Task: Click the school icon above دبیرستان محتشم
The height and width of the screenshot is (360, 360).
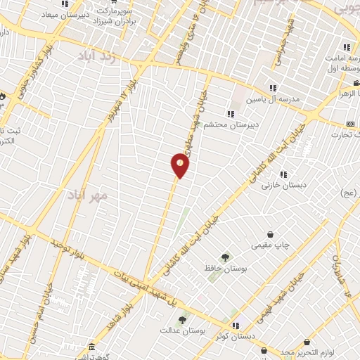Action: pyautogui.click(x=230, y=113)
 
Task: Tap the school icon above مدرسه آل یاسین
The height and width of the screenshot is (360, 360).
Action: pyautogui.click(x=273, y=88)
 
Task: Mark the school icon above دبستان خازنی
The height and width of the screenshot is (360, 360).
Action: pyautogui.click(x=283, y=174)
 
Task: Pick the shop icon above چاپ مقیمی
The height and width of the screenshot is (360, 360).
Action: pyautogui.click(x=271, y=234)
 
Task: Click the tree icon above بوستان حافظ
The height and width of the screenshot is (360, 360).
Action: pyautogui.click(x=225, y=257)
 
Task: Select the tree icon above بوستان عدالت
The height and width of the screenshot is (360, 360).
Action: pyautogui.click(x=182, y=320)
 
